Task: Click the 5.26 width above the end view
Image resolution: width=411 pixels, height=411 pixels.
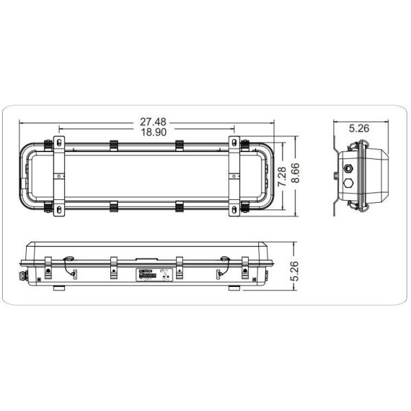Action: [360, 127]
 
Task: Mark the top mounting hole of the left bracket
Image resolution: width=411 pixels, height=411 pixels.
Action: [59, 142]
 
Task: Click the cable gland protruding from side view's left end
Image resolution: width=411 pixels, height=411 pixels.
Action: [20, 275]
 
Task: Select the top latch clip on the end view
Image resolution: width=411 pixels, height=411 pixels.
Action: [357, 146]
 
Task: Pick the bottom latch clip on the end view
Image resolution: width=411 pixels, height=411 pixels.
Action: [357, 203]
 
